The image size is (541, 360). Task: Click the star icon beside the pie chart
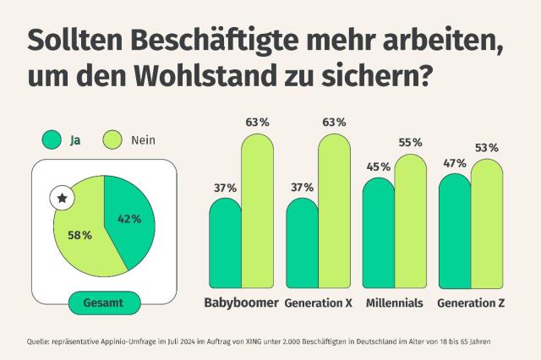coord(62,199)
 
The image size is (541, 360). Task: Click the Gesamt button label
coord(103,302)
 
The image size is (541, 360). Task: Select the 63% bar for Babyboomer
coord(257,211)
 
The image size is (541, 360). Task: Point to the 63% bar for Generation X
coord(334,211)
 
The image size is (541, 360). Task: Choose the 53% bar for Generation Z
coord(487,224)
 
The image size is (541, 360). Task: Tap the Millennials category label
coord(395,303)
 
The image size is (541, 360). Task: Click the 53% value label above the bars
coord(486,148)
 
